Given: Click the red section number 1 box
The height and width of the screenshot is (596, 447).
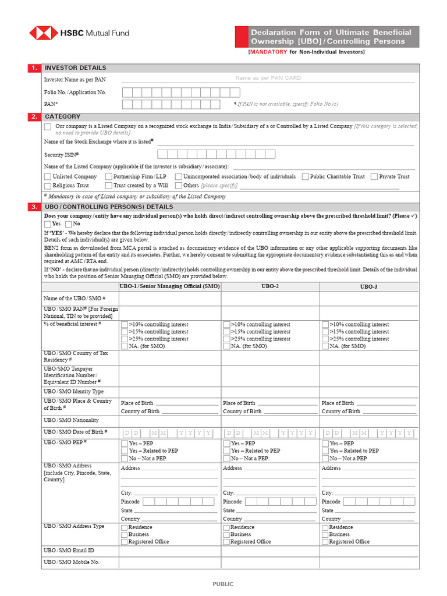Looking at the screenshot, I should (x=34, y=68).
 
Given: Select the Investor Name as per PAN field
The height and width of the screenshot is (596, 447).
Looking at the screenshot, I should (x=268, y=78).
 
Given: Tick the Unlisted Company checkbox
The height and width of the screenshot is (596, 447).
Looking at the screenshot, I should (x=48, y=176).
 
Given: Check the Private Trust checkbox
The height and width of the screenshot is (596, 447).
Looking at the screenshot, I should (x=374, y=176).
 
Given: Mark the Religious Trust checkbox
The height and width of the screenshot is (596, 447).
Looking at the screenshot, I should (x=48, y=186).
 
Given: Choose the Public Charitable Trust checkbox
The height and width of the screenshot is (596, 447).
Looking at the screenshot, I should (x=306, y=176).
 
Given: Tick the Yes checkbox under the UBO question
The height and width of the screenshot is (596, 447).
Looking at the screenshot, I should (x=48, y=224).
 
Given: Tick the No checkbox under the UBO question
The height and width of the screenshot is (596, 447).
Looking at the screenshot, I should (x=69, y=224).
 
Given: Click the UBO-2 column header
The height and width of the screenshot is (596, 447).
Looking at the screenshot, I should (x=270, y=286).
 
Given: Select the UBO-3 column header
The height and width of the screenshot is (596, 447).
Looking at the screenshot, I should (x=368, y=286).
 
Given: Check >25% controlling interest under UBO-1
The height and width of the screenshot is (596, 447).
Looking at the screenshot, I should (x=125, y=339).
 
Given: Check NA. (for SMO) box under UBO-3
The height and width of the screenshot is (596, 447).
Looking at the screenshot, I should (x=325, y=346).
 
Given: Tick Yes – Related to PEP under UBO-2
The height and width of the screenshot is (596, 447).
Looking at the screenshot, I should (x=226, y=451).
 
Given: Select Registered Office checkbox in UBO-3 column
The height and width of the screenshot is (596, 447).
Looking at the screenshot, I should (x=325, y=542).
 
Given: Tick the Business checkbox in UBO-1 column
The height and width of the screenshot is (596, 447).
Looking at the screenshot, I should (x=125, y=534).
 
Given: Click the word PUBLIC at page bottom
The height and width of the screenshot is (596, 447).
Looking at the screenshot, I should (x=223, y=584).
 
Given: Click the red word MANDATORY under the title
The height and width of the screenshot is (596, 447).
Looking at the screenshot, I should (x=268, y=52).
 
